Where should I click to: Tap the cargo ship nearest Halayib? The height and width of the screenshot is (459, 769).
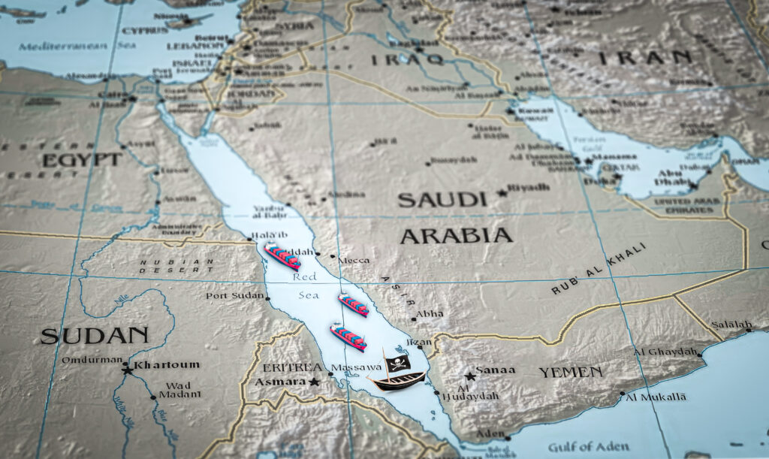(282, 256)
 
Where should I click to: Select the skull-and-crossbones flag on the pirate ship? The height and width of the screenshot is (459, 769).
(399, 363)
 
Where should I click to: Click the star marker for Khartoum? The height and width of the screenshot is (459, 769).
(128, 369)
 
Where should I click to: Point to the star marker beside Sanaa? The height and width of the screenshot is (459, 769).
(469, 376)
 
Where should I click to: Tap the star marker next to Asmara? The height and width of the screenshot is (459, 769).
(315, 382)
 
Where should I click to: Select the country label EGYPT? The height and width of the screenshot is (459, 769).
(82, 160)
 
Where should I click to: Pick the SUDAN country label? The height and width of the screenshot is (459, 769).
(95, 335)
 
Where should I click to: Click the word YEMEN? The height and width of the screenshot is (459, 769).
(570, 372)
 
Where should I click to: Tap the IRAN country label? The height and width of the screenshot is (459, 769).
(644, 57)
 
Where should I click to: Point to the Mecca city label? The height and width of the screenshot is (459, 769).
(354, 260)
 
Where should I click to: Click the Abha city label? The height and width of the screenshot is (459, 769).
(430, 313)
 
